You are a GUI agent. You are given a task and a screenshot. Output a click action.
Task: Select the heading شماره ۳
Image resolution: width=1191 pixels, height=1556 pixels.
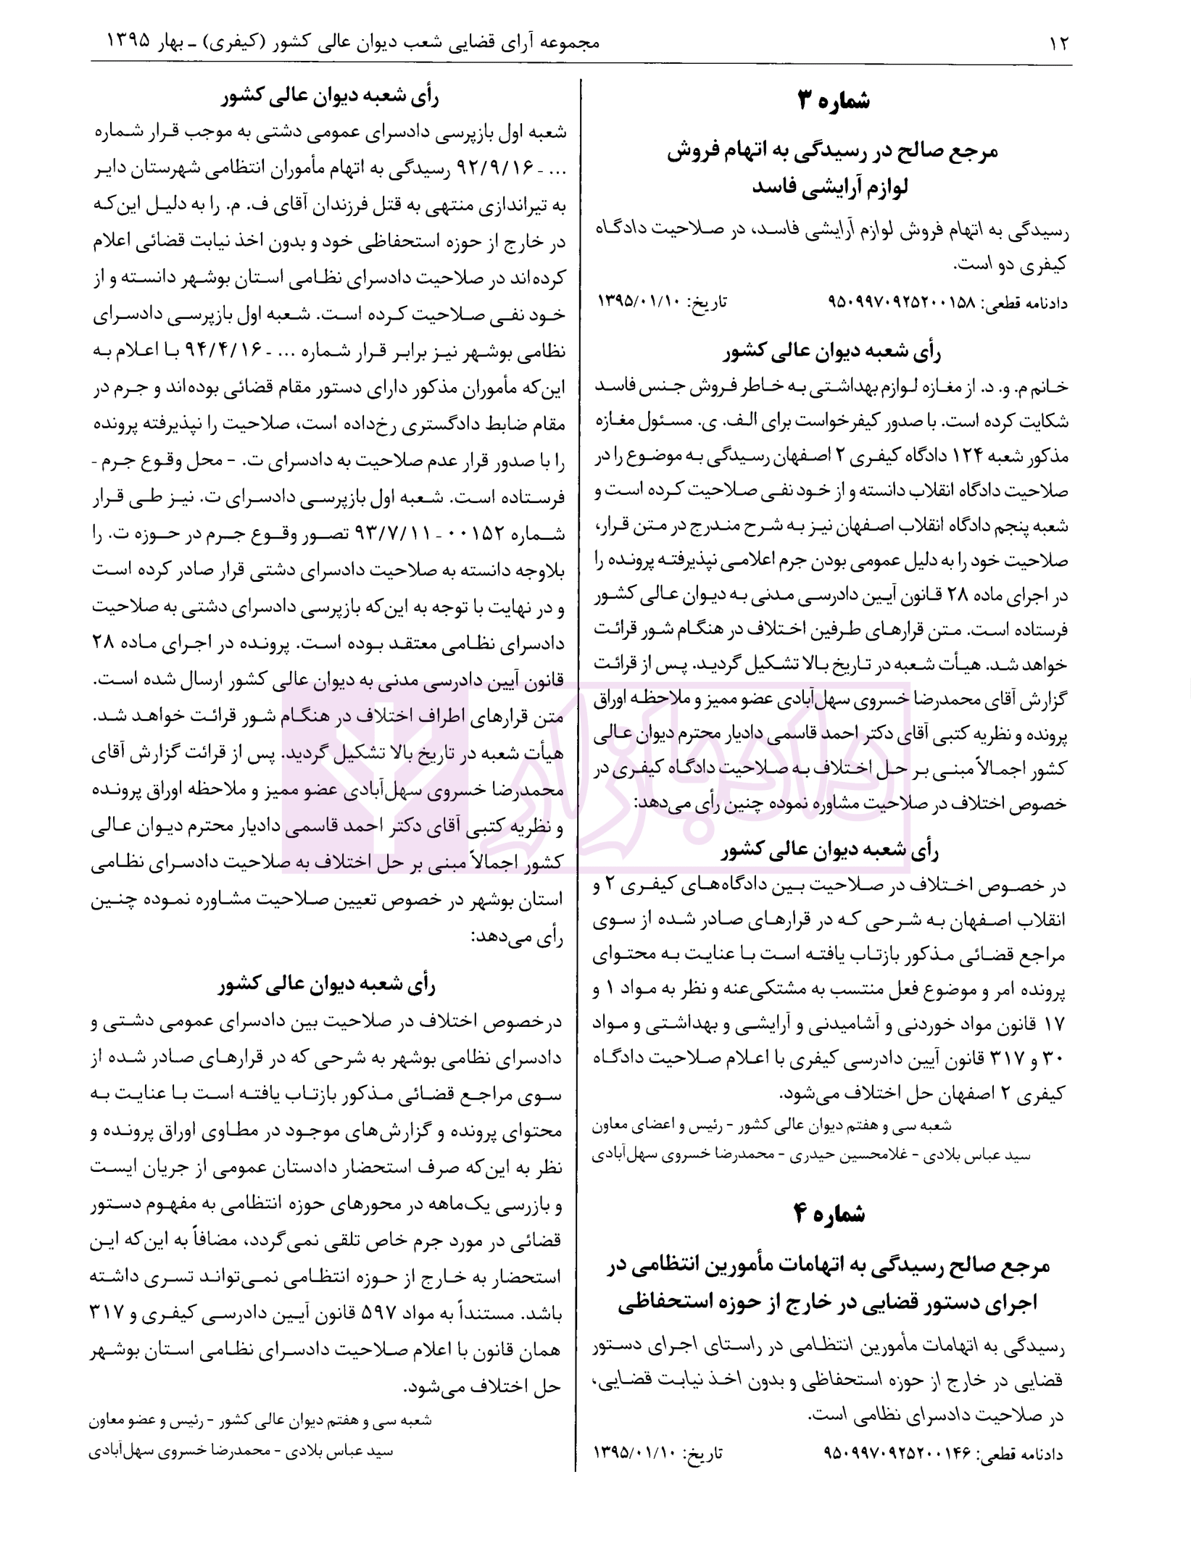pos(833,101)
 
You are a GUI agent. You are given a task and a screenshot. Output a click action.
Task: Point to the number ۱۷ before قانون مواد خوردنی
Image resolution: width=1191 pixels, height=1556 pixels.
pos(1052,1027)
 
